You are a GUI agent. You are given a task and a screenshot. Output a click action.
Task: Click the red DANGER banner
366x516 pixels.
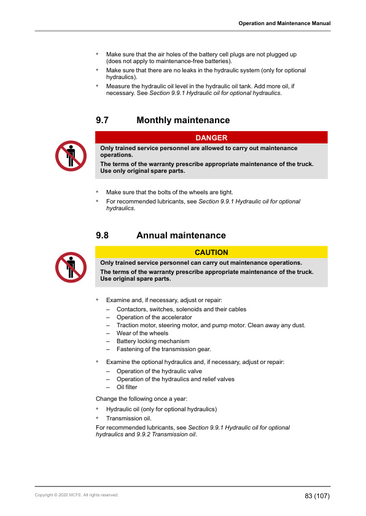click(211, 138)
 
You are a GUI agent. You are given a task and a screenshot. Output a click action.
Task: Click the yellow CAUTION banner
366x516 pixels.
click(211, 252)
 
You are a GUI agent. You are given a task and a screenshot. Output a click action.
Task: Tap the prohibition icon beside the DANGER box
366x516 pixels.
click(71, 156)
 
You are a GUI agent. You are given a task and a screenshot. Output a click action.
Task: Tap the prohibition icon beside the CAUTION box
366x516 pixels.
click(71, 267)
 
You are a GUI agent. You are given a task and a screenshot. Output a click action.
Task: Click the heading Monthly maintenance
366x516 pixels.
click(183, 121)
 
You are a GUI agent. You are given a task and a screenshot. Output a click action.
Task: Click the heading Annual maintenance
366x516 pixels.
click(181, 235)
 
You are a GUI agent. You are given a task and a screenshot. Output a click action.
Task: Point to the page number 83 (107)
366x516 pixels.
click(317, 495)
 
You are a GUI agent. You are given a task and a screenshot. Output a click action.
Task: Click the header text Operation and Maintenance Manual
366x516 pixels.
click(284, 23)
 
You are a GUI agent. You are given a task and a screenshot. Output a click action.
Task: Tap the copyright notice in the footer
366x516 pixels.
click(77, 495)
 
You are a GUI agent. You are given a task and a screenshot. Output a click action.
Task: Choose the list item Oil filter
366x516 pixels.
click(127, 387)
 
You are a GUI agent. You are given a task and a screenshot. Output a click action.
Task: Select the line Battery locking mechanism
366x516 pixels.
click(153, 341)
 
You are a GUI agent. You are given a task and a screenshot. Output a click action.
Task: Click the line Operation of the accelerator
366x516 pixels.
click(154, 317)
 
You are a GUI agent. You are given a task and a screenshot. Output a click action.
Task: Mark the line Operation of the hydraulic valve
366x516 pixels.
click(159, 371)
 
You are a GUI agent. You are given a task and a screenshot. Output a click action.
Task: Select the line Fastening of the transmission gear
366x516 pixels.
click(163, 349)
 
